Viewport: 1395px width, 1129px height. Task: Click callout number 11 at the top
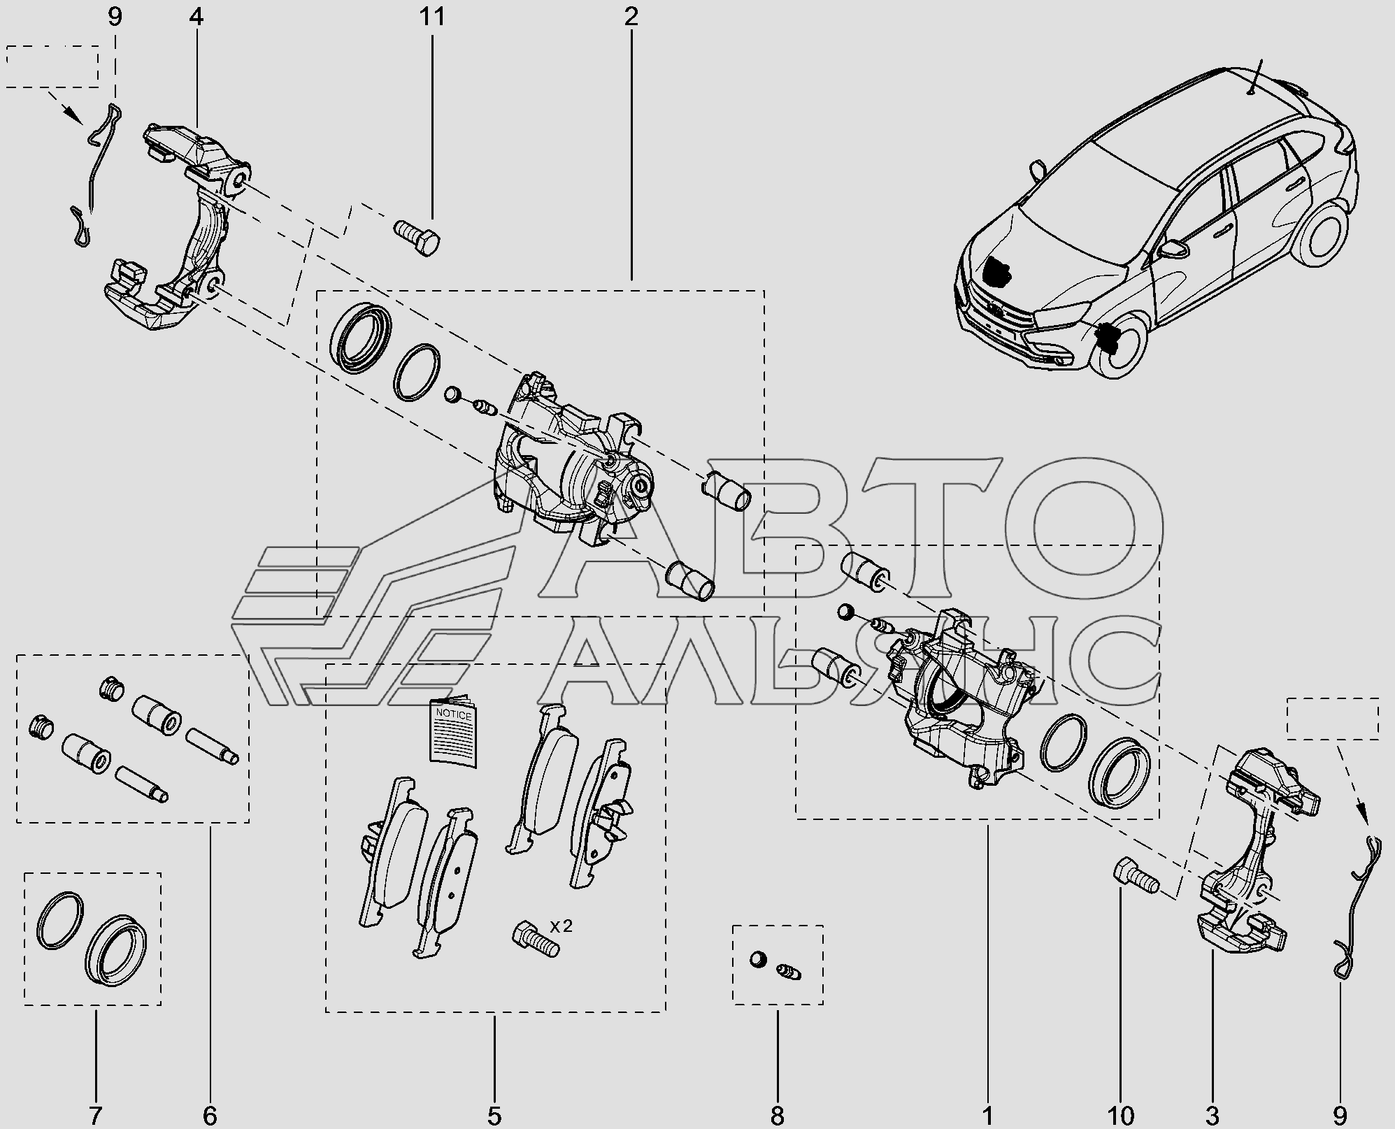click(432, 17)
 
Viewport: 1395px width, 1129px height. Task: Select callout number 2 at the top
click(631, 17)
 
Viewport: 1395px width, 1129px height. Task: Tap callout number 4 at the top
click(196, 17)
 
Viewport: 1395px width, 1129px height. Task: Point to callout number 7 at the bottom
click(95, 1115)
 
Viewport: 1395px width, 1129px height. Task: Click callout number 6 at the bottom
click(210, 1115)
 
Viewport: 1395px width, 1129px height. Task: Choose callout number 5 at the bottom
click(494, 1115)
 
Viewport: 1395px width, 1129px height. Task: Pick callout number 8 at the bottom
click(777, 1115)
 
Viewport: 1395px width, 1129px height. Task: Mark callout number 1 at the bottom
click(987, 1115)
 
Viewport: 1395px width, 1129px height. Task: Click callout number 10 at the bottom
click(1120, 1115)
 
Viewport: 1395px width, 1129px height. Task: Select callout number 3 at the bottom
click(1212, 1115)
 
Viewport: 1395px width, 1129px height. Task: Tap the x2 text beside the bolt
click(561, 926)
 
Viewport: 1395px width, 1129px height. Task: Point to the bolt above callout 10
click(1134, 878)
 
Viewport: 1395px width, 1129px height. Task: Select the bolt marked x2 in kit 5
click(536, 938)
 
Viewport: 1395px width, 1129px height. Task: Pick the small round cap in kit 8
click(757, 959)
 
